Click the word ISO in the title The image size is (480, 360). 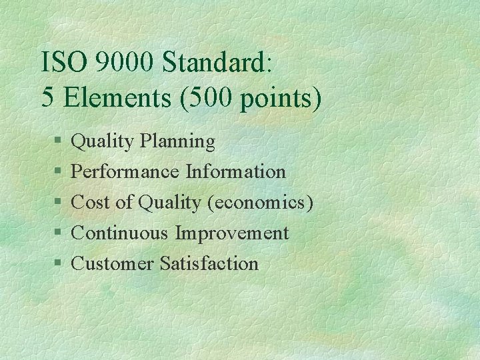click(x=64, y=63)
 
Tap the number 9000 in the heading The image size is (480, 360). click(x=125, y=63)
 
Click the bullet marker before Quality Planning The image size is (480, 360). click(x=59, y=141)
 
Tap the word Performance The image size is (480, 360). click(x=125, y=172)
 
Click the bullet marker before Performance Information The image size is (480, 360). click(x=59, y=172)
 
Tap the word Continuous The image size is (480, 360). click(x=121, y=233)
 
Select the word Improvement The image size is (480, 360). click(x=232, y=233)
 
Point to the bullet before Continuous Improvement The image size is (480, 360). click(x=59, y=233)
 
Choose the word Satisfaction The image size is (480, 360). click(x=209, y=264)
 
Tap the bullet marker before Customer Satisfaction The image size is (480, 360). click(x=59, y=264)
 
